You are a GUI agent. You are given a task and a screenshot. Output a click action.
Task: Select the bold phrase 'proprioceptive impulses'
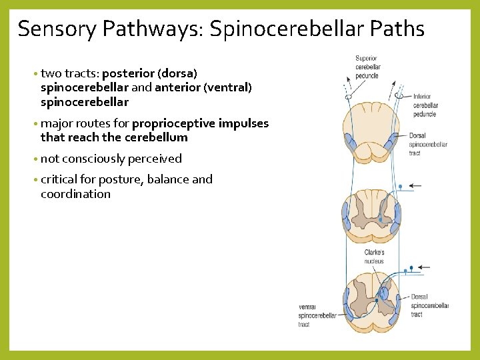tap(200, 123)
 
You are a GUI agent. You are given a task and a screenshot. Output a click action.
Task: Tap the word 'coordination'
tap(75, 194)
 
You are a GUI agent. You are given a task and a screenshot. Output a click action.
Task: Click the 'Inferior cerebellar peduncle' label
tap(425, 105)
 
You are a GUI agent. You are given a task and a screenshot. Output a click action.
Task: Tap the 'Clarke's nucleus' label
tap(374, 257)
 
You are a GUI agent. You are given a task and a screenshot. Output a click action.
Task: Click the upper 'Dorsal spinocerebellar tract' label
tap(427, 144)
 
